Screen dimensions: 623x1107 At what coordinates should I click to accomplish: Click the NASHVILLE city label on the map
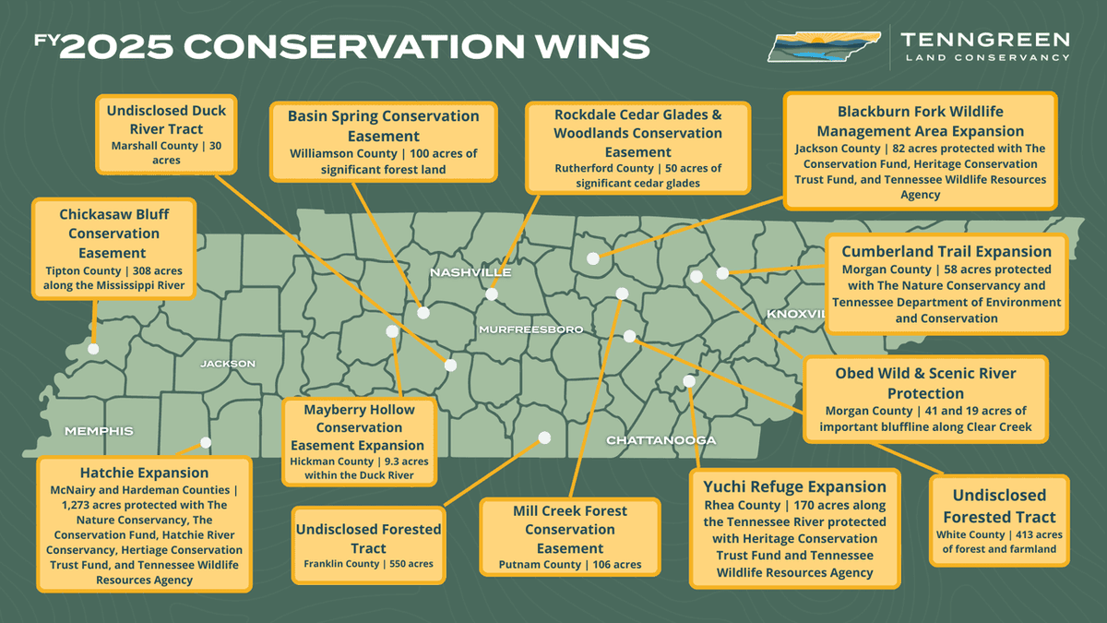point(470,273)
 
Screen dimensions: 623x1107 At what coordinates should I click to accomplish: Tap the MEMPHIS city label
point(99,431)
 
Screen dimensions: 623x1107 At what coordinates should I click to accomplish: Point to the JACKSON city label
point(228,364)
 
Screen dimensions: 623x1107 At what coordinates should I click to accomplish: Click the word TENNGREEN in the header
point(984,40)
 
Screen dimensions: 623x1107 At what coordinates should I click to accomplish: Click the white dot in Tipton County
point(93,349)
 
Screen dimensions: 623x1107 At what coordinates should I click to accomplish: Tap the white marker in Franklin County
point(544,437)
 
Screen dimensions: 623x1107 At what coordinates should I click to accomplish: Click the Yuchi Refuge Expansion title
point(794,486)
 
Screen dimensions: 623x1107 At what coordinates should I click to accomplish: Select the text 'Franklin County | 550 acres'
point(368,564)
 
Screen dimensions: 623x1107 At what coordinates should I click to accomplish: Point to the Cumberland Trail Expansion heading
point(946,251)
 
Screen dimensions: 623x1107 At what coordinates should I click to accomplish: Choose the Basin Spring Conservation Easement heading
point(383,126)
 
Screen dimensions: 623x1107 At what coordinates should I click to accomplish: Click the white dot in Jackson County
point(592,258)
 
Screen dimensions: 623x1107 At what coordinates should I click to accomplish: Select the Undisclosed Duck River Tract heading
point(166,120)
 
